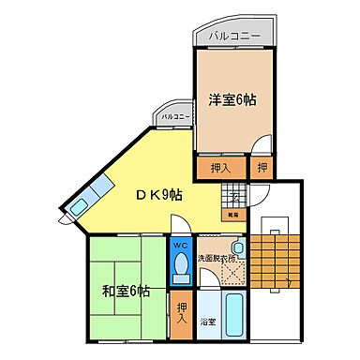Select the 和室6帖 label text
coord(127,290)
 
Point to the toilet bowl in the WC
coord(181,267)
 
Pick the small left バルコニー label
coord(175,117)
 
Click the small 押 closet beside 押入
coord(262,169)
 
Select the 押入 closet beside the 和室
coord(181,313)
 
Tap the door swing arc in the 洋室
coord(264,148)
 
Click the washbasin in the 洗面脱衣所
coord(238,247)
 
